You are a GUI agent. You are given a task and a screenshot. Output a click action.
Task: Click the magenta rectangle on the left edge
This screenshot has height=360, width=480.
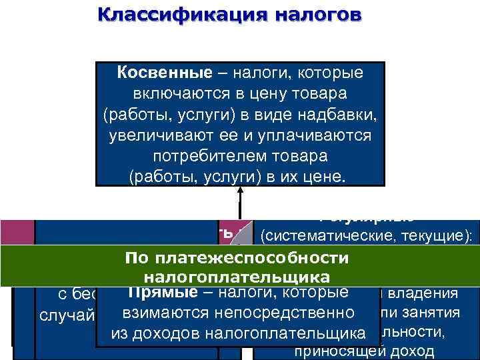(x=16, y=233)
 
